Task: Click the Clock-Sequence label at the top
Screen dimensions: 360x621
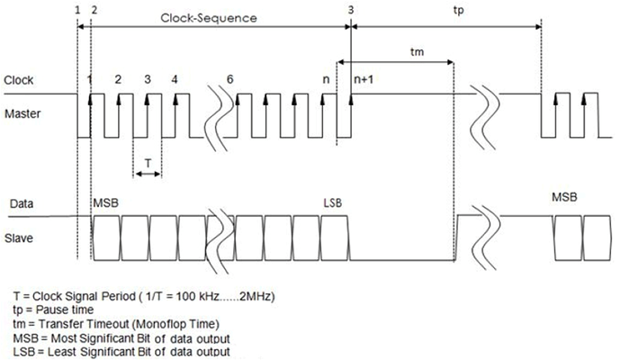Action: (x=209, y=17)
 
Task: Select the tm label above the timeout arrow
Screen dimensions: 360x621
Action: (x=392, y=52)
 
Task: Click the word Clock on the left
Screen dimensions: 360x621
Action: (x=20, y=79)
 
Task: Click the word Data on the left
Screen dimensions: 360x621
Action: (x=22, y=204)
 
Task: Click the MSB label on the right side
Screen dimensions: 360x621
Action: (x=564, y=197)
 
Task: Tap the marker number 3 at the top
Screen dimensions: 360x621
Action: (x=350, y=9)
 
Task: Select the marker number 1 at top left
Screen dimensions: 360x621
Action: (x=78, y=9)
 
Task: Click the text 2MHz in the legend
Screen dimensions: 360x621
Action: (x=254, y=296)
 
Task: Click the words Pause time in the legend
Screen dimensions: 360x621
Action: (x=63, y=310)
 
